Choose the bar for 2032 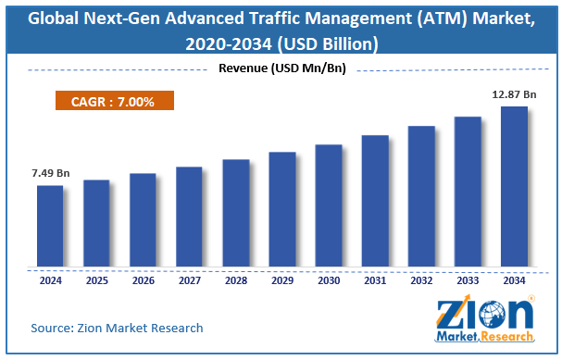pos(421,196)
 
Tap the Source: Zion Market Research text pos(117,328)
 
